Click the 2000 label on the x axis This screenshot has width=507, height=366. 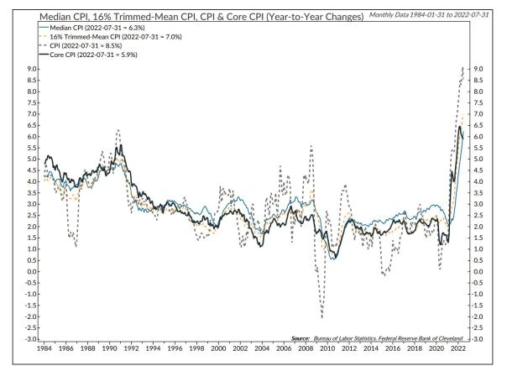click(218, 347)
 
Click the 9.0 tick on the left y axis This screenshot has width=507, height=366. click(30, 69)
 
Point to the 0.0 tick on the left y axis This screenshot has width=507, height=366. click(30, 271)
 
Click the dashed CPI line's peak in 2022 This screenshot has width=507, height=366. click(464, 68)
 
